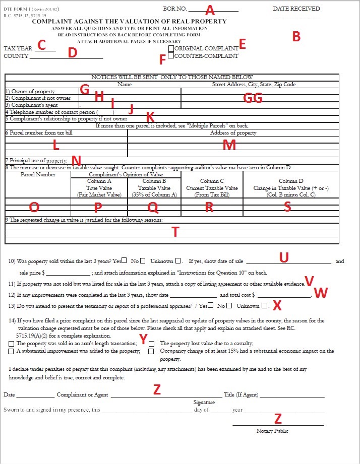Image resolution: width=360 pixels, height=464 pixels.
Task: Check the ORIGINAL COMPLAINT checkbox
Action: (x=171, y=48)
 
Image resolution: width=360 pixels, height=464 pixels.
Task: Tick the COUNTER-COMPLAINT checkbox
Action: (x=171, y=56)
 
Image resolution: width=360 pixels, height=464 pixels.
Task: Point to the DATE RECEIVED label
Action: (x=296, y=9)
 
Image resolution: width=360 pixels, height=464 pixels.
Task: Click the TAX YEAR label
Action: (x=18, y=48)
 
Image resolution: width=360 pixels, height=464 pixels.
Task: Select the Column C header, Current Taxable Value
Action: (x=212, y=187)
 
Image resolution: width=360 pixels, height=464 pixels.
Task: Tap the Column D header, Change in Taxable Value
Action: (x=291, y=187)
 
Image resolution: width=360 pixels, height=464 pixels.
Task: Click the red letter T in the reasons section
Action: (x=175, y=231)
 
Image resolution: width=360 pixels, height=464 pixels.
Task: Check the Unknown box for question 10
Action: (x=178, y=261)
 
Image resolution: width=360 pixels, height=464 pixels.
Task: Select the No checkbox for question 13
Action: (x=229, y=306)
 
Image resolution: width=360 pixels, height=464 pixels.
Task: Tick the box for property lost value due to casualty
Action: (x=151, y=343)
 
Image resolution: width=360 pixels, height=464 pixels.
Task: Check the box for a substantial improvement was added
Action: (x=11, y=351)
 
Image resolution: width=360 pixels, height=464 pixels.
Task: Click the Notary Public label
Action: (x=272, y=431)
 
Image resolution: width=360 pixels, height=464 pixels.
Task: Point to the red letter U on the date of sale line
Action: (x=283, y=257)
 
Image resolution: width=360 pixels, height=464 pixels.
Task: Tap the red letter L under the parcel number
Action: (x=56, y=145)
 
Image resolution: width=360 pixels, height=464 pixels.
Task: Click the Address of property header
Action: (x=233, y=133)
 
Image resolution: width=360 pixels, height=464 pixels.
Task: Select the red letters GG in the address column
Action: (x=253, y=98)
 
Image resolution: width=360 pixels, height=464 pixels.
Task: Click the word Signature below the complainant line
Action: (x=204, y=402)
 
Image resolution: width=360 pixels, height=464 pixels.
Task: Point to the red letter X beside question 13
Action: (x=277, y=305)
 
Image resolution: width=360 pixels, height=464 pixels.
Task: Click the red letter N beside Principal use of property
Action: (x=76, y=161)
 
